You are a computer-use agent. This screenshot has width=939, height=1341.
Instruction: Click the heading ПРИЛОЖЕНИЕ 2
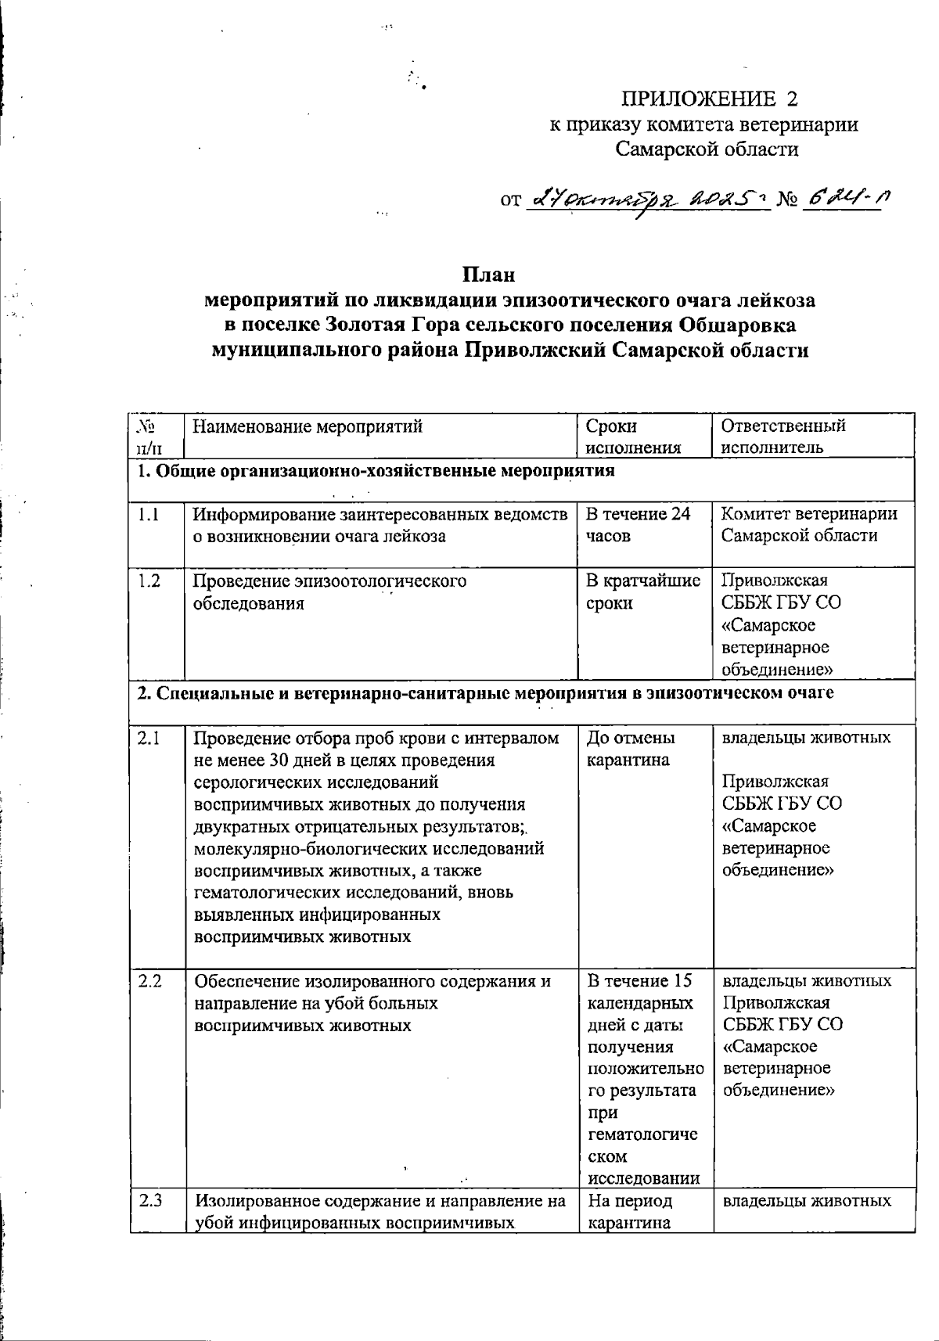(x=711, y=99)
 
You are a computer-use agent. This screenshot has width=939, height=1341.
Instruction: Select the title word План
(x=487, y=276)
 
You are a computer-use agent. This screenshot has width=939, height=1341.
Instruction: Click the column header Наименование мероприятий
(x=308, y=426)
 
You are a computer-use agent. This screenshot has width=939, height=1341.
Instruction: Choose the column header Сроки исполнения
(x=633, y=437)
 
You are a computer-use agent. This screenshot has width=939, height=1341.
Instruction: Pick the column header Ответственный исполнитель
(x=782, y=437)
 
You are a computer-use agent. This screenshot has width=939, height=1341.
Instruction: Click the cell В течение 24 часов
(x=638, y=525)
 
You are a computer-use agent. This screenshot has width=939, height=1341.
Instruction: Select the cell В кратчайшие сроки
(x=642, y=592)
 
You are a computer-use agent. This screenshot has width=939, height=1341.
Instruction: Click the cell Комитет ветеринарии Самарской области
(x=808, y=525)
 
